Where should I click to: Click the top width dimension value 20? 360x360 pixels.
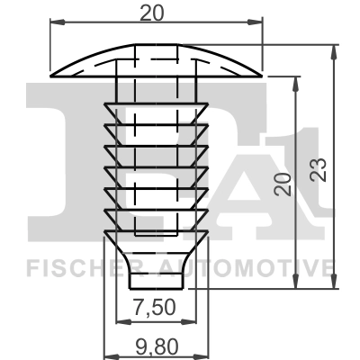click(x=157, y=13)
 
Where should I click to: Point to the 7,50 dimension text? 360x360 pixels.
click(x=156, y=308)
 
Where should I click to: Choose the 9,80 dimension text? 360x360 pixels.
click(x=156, y=344)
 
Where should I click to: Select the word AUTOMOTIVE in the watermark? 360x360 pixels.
click(x=248, y=267)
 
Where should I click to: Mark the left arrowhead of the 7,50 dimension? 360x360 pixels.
click(x=122, y=320)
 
